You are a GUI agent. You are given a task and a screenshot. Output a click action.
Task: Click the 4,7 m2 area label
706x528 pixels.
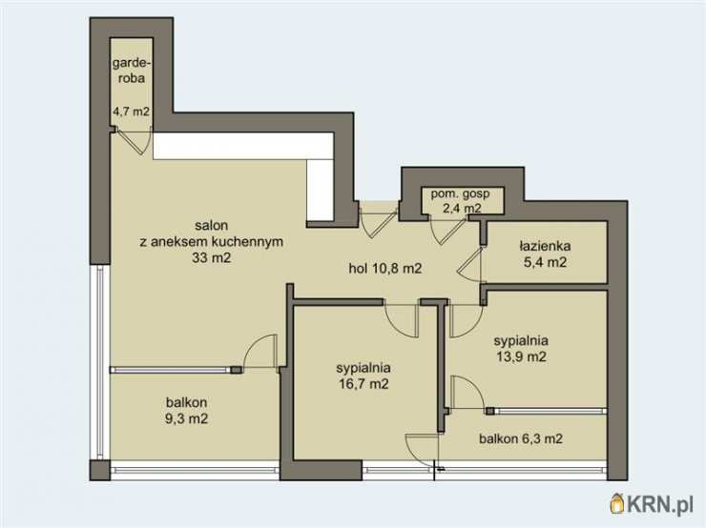131,112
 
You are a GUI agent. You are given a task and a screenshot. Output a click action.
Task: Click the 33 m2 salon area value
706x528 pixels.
211,257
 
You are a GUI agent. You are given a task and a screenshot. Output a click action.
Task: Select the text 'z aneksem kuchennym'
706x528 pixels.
211,241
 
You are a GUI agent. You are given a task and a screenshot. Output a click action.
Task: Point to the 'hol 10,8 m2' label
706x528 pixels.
385,269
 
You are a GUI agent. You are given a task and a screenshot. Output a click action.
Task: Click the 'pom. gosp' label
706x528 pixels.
460,193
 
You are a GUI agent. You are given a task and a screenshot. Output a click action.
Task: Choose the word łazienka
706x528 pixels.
545,246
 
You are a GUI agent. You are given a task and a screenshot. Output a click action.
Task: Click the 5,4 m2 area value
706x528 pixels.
545,262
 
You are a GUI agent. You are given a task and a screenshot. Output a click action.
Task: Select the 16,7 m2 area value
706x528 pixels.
363,384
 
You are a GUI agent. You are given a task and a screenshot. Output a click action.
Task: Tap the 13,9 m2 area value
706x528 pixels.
522,356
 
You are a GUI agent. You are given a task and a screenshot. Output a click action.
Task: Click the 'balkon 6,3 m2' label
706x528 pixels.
521,438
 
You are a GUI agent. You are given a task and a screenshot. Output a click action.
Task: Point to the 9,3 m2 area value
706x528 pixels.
186,418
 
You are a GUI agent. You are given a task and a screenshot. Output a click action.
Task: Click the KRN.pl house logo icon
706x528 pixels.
616,504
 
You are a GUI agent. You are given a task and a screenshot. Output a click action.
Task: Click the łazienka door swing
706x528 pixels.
470,265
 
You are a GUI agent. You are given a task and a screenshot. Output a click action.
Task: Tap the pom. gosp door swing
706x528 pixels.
446,231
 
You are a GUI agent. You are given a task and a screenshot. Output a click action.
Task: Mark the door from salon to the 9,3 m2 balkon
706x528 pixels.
260,352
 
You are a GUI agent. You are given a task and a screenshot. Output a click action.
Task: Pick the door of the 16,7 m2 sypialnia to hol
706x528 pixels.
401,319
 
